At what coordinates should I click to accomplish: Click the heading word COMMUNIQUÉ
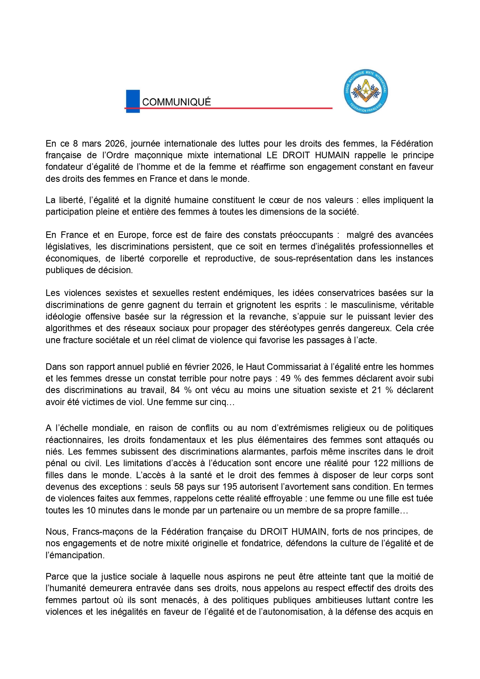(176, 102)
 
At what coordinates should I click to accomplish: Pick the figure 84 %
(181, 390)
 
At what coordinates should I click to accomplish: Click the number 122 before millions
(381, 463)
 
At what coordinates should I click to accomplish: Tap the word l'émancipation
(75, 555)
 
